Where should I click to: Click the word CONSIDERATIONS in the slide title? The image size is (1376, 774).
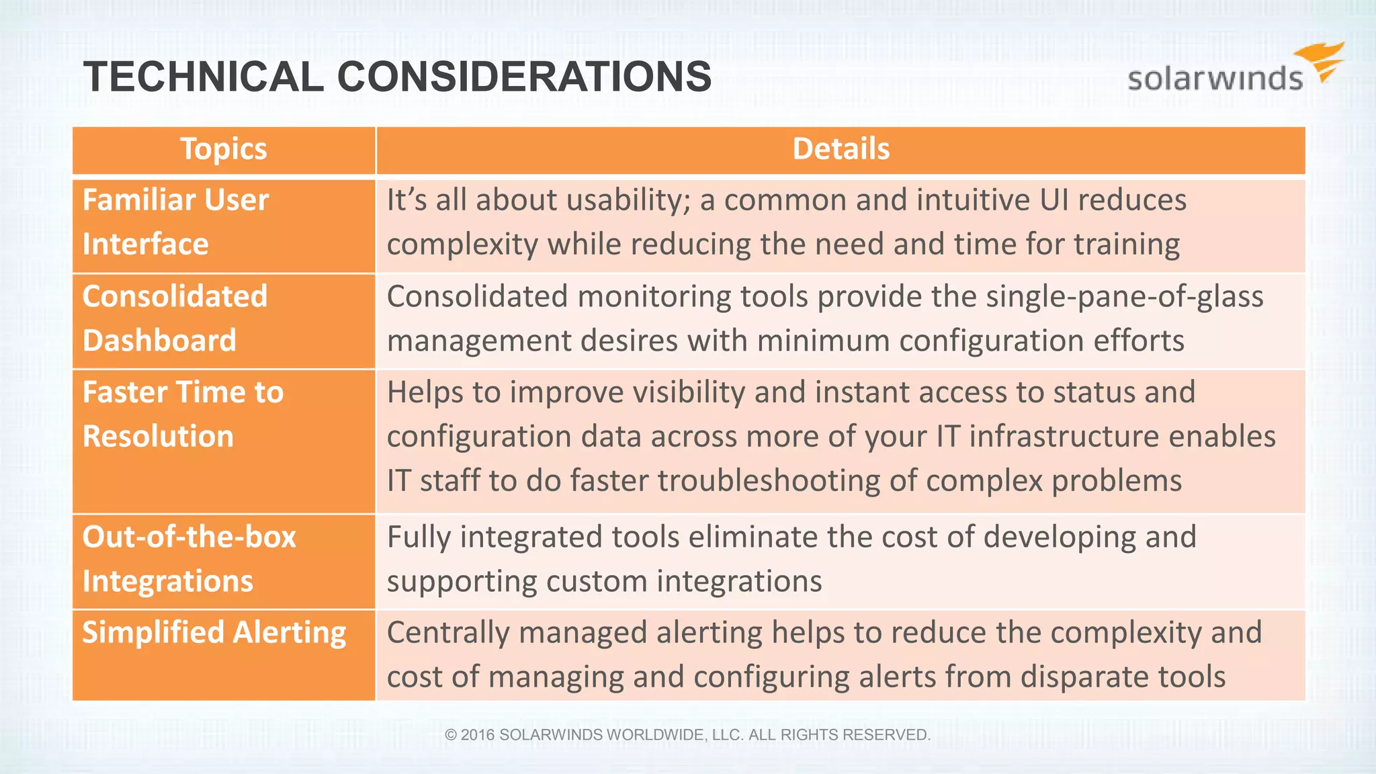click(524, 77)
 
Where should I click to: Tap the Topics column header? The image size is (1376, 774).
click(224, 149)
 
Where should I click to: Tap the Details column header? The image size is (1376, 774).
click(841, 149)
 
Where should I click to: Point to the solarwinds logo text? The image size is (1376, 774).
click(1215, 79)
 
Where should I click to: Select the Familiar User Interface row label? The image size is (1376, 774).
click(175, 222)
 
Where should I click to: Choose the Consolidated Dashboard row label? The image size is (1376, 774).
click(175, 318)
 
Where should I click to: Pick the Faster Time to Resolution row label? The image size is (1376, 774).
click(183, 414)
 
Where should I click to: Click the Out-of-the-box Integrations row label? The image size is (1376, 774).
click(189, 558)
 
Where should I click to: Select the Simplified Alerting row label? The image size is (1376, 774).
click(214, 633)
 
